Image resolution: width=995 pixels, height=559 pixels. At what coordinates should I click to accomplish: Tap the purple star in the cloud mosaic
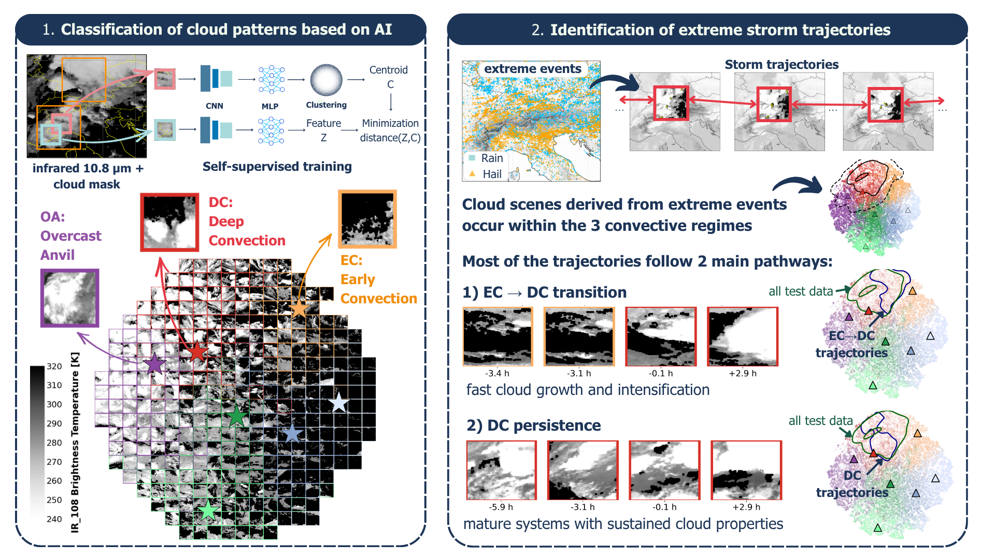[154, 363]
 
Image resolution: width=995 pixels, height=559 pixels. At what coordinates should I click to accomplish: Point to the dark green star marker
[237, 416]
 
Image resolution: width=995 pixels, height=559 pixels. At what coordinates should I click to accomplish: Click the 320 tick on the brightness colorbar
[54, 366]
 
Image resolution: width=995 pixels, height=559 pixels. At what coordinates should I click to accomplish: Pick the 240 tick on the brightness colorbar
[54, 519]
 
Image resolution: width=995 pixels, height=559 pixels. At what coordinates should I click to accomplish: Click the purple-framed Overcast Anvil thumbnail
[70, 298]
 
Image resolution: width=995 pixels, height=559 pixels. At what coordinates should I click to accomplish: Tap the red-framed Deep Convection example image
[169, 222]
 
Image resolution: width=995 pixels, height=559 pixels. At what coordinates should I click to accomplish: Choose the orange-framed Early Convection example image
[367, 219]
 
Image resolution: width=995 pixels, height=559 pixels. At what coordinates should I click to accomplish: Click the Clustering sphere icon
[326, 80]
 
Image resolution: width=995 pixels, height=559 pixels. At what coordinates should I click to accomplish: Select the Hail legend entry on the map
[486, 174]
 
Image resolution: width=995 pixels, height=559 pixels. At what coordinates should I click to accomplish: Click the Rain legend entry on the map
[486, 158]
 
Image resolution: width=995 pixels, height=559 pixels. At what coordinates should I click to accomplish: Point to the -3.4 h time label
[497, 373]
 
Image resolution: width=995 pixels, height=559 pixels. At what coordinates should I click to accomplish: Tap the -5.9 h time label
[501, 507]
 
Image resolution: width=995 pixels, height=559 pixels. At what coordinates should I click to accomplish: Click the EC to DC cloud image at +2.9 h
[743, 336]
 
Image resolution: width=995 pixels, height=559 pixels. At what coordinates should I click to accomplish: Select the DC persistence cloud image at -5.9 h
[502, 470]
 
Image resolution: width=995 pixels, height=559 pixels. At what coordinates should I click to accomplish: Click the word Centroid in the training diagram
[389, 70]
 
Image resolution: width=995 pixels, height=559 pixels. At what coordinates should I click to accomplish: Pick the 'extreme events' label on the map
[533, 69]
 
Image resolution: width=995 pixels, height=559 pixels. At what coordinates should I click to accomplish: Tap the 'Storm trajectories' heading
[781, 65]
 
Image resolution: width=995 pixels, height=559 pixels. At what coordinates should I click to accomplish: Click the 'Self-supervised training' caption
[277, 167]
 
